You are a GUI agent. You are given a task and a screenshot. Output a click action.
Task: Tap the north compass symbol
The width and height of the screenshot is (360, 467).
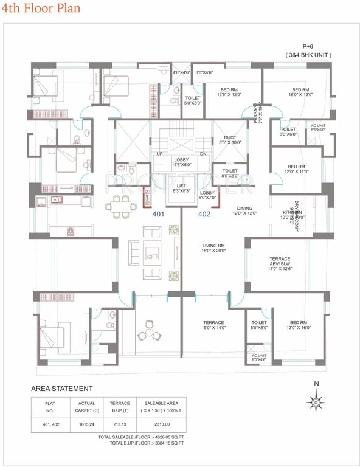point(316,401)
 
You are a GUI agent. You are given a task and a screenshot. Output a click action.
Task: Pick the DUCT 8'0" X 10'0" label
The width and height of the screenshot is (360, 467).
point(230,140)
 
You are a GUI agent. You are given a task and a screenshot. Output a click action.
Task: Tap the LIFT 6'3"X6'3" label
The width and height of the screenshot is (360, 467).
point(182,189)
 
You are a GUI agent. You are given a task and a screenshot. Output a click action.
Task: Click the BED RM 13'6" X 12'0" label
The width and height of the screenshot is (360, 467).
point(230,92)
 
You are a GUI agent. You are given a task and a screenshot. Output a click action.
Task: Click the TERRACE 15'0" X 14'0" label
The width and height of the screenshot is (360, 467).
point(213,325)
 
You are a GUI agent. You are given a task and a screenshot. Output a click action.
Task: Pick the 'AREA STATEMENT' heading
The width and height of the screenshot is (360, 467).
point(62,388)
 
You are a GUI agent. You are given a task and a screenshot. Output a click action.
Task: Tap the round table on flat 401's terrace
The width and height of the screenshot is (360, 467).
point(147,334)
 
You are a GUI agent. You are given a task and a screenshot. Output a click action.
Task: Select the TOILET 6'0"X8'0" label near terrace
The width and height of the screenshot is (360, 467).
point(259,325)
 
